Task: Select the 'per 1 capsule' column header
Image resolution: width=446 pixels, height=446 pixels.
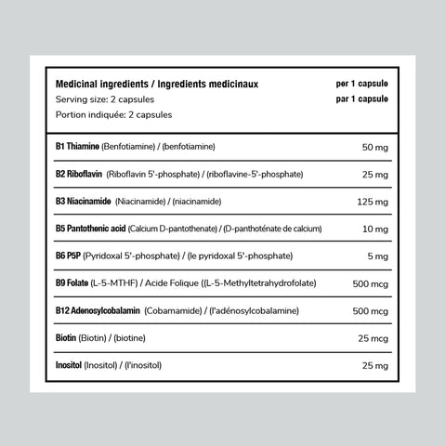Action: [361, 84]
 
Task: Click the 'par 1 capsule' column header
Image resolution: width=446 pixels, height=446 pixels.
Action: [361, 98]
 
